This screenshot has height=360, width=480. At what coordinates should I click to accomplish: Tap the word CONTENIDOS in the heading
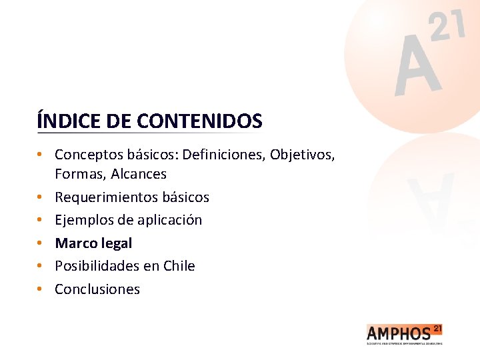click(x=199, y=121)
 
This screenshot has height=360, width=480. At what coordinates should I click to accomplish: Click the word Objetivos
click(x=303, y=155)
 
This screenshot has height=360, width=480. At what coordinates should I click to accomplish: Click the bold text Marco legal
click(x=93, y=243)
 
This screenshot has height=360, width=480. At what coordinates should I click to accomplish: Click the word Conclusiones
click(x=97, y=289)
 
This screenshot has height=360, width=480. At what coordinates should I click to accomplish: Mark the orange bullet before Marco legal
click(x=41, y=243)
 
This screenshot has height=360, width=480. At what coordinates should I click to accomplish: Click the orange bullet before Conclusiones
click(x=41, y=289)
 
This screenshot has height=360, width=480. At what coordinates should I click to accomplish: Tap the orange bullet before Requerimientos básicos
click(x=41, y=197)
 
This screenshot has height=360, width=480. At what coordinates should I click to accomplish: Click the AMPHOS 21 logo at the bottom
click(x=404, y=334)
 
